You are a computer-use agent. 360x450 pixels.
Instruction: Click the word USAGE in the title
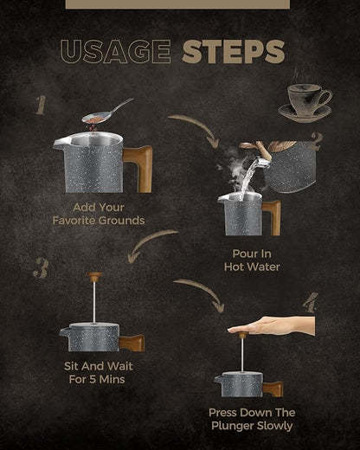pyautogui.click(x=116, y=51)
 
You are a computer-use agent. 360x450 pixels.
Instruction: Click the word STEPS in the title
pyautogui.click(x=234, y=52)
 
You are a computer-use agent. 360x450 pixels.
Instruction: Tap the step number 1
pyautogui.click(x=41, y=105)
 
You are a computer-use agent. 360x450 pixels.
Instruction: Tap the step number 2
pyautogui.click(x=316, y=141)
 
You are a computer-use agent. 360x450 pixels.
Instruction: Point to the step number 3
pyautogui.click(x=41, y=268)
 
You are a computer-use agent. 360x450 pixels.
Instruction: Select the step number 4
pyautogui.click(x=311, y=302)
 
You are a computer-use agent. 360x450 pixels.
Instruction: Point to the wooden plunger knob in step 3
pyautogui.click(x=94, y=277)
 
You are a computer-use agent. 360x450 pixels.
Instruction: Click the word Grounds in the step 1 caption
pyautogui.click(x=121, y=221)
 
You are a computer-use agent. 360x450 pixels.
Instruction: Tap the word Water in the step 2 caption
pyautogui.click(x=265, y=267)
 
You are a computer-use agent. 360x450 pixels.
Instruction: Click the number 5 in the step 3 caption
pyautogui.click(x=93, y=379)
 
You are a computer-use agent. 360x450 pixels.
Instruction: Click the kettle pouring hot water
pyautogui.click(x=284, y=166)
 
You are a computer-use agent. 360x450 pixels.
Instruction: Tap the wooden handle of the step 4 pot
pyautogui.click(x=273, y=389)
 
